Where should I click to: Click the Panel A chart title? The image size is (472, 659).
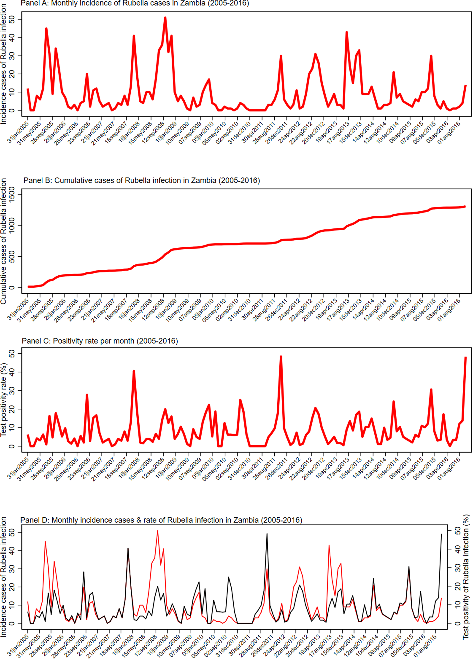click(x=135, y=3)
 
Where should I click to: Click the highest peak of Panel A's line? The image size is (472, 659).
click(x=165, y=18)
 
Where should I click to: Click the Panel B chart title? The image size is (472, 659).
click(x=142, y=180)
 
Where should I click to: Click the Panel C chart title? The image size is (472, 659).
click(x=100, y=341)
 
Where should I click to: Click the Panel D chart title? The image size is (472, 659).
click(x=161, y=520)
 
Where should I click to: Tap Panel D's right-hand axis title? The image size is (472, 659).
click(x=466, y=577)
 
